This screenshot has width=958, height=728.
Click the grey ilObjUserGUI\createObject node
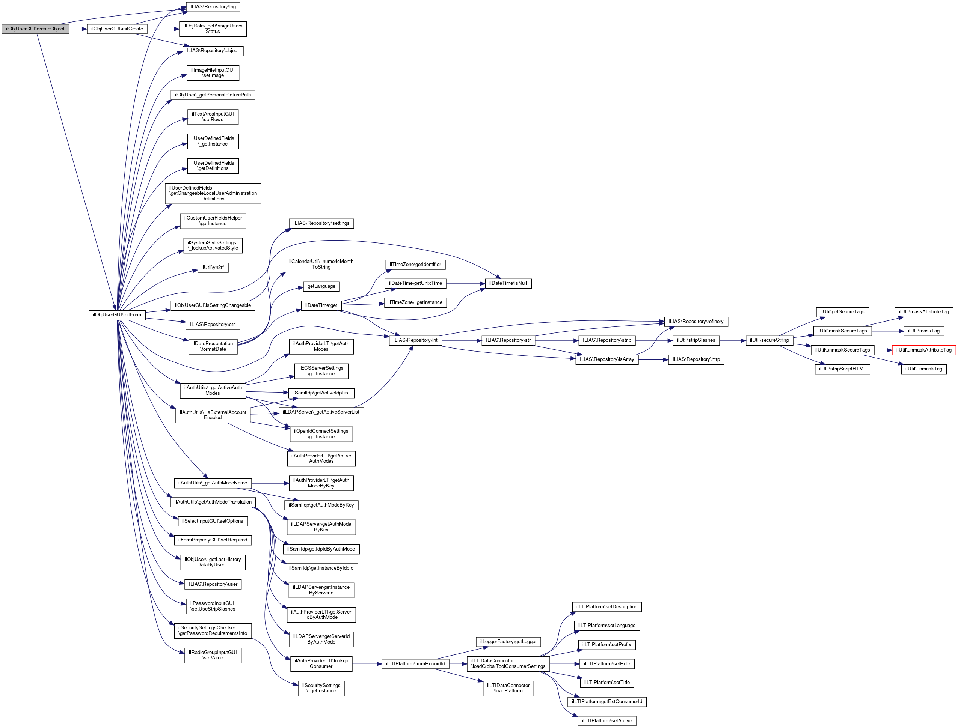coord(35,29)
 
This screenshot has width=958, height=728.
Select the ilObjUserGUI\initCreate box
coord(117,29)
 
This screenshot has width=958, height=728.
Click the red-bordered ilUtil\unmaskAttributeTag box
coord(924,350)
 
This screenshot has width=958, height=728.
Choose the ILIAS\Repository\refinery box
coord(695,322)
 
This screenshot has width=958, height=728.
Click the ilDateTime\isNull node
coord(508,283)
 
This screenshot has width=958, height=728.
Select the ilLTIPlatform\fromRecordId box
coord(415,664)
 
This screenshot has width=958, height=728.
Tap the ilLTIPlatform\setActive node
coord(607,720)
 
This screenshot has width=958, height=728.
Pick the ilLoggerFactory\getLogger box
coord(508,642)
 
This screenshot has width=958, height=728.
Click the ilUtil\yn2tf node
coord(213,268)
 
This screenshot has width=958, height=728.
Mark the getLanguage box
coord(321,286)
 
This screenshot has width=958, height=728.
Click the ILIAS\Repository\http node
coord(695,359)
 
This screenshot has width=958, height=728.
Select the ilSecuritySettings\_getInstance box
coord(321,688)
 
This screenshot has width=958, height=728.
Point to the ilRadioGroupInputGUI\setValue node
coord(213,655)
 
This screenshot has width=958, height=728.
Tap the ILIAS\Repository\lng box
coord(213,7)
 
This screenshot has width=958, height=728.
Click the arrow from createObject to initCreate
coord(78,29)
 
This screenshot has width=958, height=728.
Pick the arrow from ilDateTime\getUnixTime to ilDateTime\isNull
coord(465,283)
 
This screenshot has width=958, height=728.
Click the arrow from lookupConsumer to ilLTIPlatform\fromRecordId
coord(367,664)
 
